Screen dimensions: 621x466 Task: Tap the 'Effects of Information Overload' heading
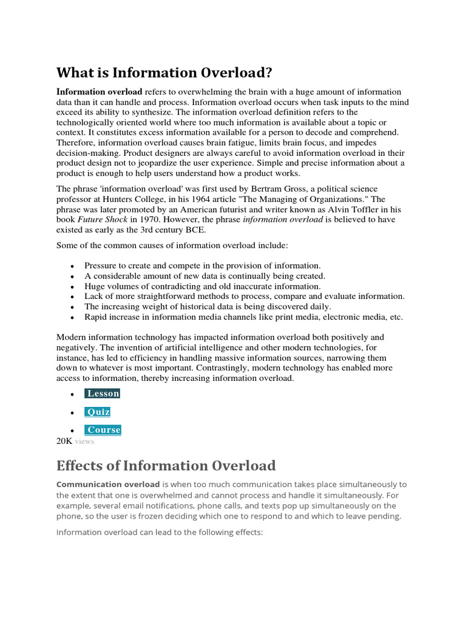coord(166,466)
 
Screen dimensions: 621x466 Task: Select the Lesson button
coord(103,394)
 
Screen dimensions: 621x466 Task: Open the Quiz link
coord(98,412)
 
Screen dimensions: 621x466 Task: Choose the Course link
coord(103,430)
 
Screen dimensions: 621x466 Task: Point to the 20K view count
coord(64,441)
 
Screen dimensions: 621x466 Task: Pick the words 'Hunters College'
coord(126,200)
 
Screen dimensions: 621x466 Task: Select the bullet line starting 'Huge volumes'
coord(203,286)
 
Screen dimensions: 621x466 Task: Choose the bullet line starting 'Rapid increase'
coord(243,317)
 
